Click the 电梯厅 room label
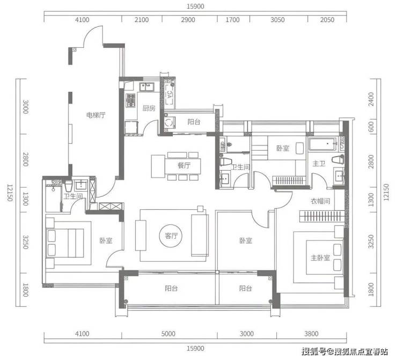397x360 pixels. click(95, 115)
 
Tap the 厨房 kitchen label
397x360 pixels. click(149, 108)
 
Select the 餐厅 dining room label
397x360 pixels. click(184, 166)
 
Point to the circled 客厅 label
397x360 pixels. click(171, 236)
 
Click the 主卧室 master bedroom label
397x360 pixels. click(320, 258)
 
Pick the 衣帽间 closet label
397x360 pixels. click(320, 201)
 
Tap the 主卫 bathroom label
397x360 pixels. click(319, 164)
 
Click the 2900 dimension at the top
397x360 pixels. click(188, 20)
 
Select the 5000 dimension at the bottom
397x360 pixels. click(168, 334)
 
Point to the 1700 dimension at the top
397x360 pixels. click(232, 20)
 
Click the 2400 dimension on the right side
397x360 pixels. click(371, 99)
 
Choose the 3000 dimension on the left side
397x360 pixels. click(26, 107)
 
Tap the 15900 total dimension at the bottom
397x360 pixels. click(195, 349)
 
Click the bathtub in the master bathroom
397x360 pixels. click(322, 144)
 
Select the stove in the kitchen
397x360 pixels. click(130, 100)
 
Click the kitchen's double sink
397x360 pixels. click(147, 87)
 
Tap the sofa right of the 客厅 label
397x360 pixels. click(200, 236)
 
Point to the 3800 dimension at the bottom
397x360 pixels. click(311, 334)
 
